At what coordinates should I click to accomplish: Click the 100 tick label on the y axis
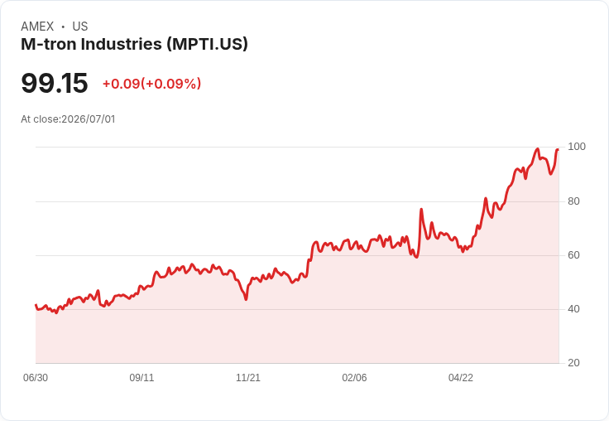tap(577, 147)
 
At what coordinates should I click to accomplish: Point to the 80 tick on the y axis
tap(573, 201)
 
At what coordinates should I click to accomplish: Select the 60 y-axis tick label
tap(573, 255)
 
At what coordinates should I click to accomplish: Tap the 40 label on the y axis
tap(573, 309)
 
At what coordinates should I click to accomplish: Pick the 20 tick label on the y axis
tap(573, 363)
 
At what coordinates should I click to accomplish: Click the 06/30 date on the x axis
tap(36, 378)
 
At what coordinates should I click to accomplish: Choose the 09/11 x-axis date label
tap(141, 378)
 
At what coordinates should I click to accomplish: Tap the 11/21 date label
tap(248, 378)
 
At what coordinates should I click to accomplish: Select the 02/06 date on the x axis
tap(354, 378)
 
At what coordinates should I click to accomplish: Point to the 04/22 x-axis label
tap(461, 378)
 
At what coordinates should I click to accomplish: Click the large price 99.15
tap(55, 83)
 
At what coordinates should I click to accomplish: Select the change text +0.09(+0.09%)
tap(152, 84)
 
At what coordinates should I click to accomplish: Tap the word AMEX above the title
tap(37, 27)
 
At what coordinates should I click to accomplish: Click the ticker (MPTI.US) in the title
tap(208, 44)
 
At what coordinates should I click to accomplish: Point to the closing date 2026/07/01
tap(89, 119)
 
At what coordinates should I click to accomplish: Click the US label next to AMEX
tap(80, 27)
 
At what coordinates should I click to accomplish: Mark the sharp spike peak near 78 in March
tap(421, 210)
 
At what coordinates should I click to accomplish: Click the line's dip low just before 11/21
tap(246, 299)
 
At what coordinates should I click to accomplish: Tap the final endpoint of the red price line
tap(558, 149)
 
